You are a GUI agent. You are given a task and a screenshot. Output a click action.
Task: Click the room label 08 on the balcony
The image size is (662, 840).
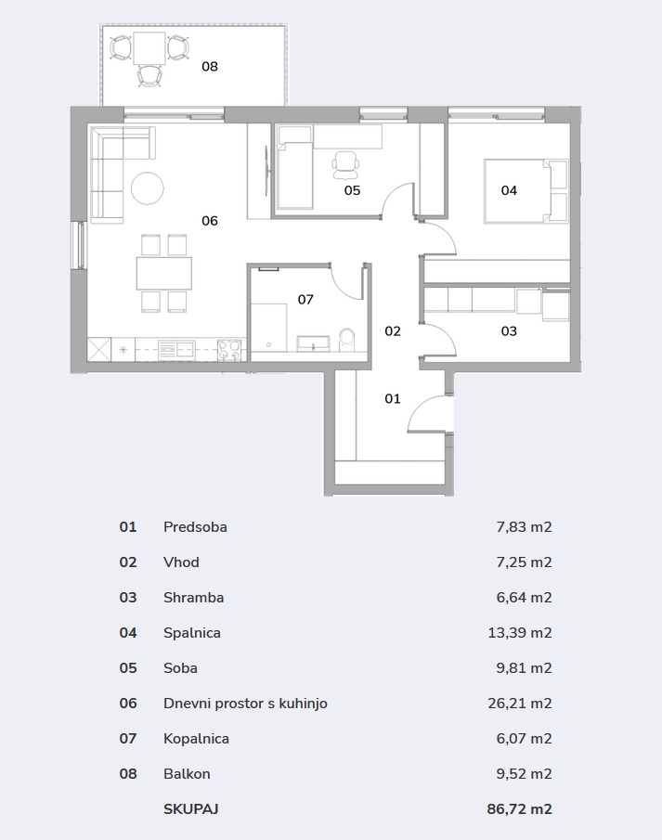click(x=210, y=67)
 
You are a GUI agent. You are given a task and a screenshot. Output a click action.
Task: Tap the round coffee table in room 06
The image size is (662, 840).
click(x=148, y=188)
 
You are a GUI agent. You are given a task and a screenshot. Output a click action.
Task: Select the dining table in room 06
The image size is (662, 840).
click(x=164, y=273)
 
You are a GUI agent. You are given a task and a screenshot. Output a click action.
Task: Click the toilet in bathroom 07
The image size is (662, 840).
click(x=347, y=341)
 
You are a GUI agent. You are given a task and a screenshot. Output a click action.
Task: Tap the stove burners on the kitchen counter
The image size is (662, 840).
click(x=229, y=350)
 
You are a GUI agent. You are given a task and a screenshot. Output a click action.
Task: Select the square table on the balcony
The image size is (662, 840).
click(x=149, y=47)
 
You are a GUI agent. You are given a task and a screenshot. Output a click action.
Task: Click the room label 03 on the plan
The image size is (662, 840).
click(x=509, y=331)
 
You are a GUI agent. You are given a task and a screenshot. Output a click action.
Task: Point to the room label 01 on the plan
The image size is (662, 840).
click(x=393, y=398)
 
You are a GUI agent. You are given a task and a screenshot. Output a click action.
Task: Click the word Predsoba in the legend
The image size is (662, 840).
click(x=195, y=527)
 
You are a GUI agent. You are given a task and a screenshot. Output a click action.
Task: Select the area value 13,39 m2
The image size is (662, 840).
click(x=520, y=633)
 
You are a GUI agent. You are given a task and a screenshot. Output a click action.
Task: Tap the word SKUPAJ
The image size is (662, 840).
click(x=191, y=809)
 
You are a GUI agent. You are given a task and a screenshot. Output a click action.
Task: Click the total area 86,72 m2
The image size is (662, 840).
click(x=519, y=809)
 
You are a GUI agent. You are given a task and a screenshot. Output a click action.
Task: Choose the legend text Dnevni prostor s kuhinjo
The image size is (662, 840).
click(x=245, y=704)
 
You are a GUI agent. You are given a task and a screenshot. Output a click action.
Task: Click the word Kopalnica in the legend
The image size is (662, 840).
click(x=196, y=739)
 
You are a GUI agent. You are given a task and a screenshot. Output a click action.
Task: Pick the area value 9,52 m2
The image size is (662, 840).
click(x=525, y=773)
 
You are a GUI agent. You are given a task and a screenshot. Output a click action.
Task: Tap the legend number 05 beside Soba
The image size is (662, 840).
click(x=128, y=668)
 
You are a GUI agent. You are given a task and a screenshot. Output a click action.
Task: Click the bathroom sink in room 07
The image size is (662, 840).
click(x=314, y=343)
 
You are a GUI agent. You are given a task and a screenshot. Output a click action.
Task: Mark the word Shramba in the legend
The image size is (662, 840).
click(x=193, y=598)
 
